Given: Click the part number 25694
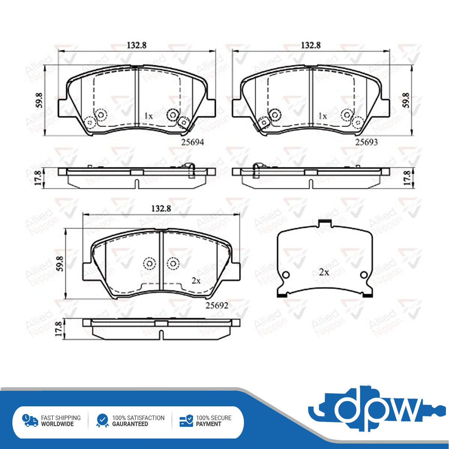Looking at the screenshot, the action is [192, 142].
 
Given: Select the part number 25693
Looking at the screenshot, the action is [366, 142].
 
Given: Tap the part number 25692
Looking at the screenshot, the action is [217, 305].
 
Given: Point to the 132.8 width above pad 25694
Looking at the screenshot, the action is [137, 45].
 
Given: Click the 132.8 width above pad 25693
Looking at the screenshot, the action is [311, 45].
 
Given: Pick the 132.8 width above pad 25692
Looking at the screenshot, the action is [161, 208].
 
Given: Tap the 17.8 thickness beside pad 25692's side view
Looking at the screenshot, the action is [59, 329].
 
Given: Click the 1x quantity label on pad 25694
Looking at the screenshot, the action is [149, 116].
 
